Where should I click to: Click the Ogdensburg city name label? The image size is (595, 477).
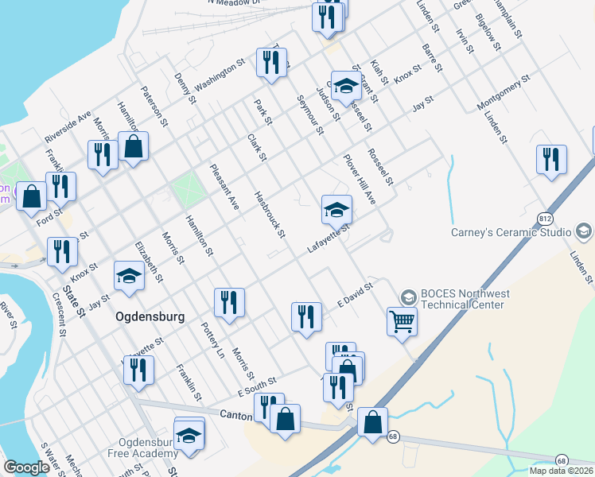pos(150,316)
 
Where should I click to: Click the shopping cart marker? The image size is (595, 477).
pos(402,322)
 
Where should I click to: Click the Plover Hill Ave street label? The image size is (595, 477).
pos(359,180)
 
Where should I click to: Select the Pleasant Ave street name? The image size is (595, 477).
pos(224,187)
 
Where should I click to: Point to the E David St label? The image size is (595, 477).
pos(355,296)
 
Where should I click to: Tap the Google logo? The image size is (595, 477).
pos(26,467)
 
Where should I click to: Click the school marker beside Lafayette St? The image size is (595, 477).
pos(336,211)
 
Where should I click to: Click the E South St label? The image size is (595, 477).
pos(256,387)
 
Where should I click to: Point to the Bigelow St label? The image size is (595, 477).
pos(487,32)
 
